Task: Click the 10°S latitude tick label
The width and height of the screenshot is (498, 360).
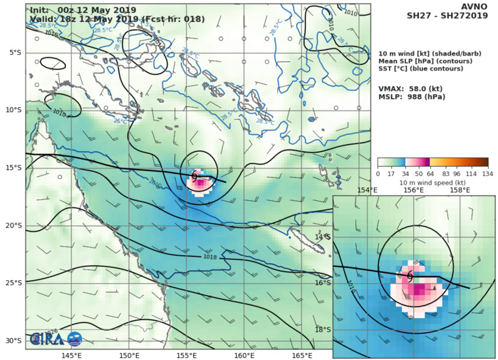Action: (x=14, y=110)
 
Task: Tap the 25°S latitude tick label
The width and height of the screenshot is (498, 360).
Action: (x=14, y=283)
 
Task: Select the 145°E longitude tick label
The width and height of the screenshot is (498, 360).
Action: (x=71, y=355)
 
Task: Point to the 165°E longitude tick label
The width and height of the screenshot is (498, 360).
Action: (x=302, y=355)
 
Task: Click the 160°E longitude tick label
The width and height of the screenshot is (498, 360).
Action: (x=244, y=355)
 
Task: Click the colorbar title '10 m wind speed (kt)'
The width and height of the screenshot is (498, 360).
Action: (x=432, y=183)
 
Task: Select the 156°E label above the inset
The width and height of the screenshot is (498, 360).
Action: (x=414, y=190)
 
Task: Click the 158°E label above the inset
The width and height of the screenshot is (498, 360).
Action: (x=460, y=190)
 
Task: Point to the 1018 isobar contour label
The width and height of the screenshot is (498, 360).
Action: (x=210, y=257)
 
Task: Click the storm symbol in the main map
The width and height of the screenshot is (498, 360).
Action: (x=194, y=175)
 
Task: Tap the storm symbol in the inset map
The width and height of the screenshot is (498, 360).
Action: (x=410, y=274)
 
